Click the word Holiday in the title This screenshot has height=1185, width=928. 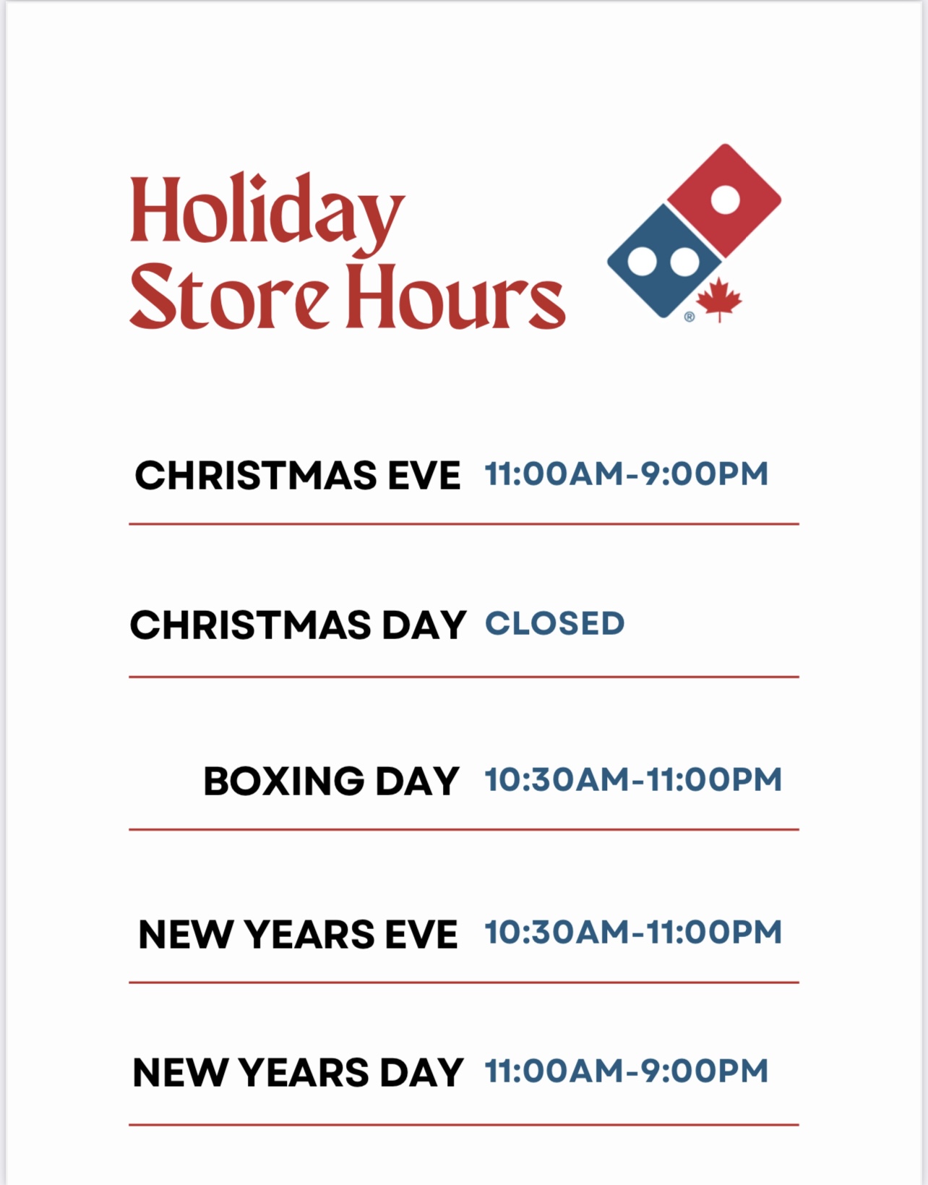coord(267,214)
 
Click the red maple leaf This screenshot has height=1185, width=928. coord(719,299)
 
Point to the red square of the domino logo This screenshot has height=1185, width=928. coord(725,200)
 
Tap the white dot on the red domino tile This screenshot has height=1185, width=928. coord(726,200)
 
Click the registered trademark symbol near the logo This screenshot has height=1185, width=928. coord(689,317)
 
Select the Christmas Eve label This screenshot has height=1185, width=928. coord(298,475)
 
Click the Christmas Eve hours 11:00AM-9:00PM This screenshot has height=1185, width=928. coord(627,474)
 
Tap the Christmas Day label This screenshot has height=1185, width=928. coord(298,625)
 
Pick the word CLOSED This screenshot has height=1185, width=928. coord(555,623)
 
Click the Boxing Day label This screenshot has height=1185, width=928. coord(331,781)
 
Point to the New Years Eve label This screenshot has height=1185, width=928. coord(298,934)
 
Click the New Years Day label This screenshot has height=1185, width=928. coord(298,1073)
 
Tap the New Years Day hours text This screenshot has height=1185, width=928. coord(627,1071)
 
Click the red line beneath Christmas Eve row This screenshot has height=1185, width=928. coord(464,524)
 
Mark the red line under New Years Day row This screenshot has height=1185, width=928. coord(464,1124)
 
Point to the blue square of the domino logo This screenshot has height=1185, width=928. coord(665,261)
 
